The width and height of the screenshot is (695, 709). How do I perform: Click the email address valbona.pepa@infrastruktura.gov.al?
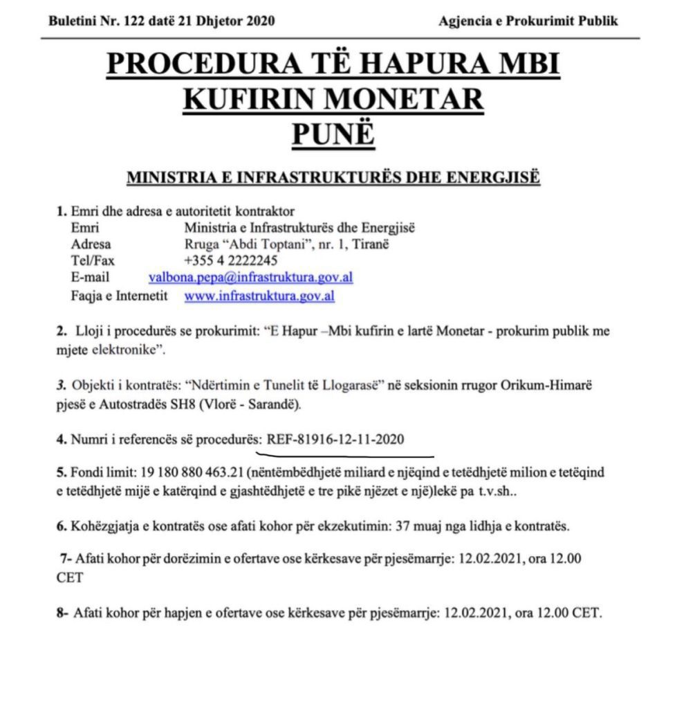[x=251, y=278]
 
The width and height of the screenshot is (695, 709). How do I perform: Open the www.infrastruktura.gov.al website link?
[x=259, y=296]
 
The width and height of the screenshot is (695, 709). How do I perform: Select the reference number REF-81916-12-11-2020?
[x=335, y=439]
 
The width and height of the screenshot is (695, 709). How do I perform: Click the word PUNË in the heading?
[x=333, y=134]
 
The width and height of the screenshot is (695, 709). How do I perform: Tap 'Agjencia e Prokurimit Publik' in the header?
[x=528, y=21]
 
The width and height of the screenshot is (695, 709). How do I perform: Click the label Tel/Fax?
[x=93, y=260]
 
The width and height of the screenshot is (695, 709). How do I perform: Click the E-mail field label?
[x=90, y=278]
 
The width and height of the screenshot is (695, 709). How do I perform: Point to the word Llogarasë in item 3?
[x=352, y=388]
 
